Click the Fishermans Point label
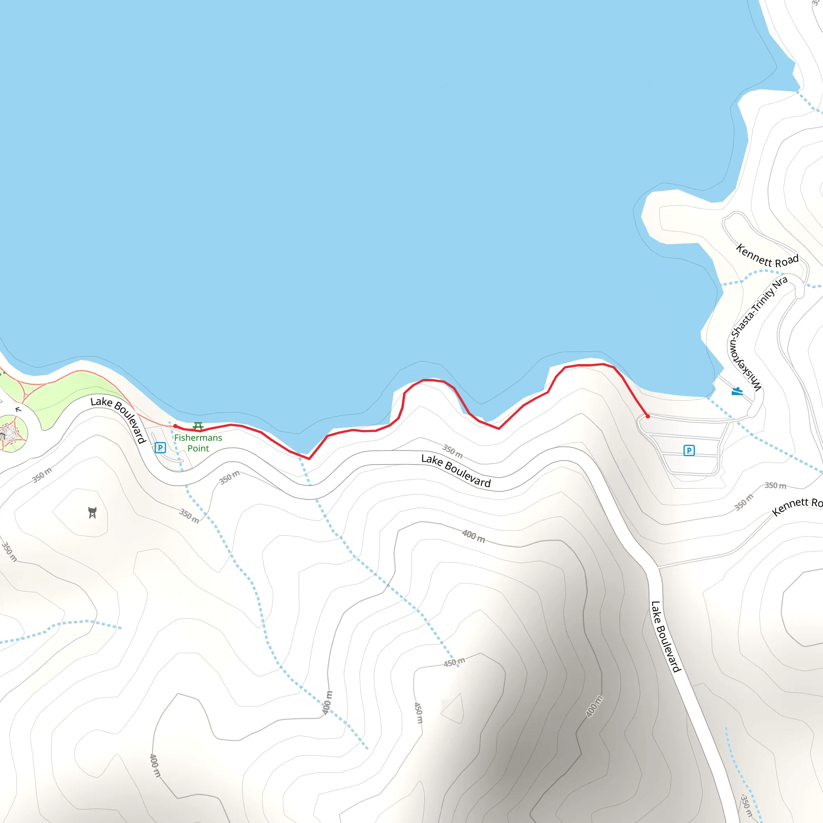point(198,443)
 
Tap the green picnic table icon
point(198,426)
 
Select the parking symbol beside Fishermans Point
point(160,448)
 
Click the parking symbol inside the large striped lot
point(689,450)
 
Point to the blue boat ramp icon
point(737,391)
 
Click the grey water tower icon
point(92,512)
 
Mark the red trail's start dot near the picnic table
point(175,426)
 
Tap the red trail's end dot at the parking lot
point(648,416)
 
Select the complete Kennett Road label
point(767,256)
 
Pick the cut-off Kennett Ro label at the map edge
point(797,506)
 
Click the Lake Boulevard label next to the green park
point(119,419)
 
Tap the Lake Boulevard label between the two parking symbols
point(456,471)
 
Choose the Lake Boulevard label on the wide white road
point(666,637)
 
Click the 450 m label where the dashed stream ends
point(454,662)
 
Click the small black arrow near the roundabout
point(18,409)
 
